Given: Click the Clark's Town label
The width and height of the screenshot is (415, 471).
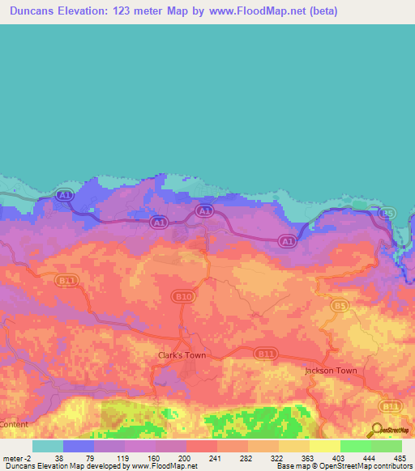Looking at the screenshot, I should tap(182, 354).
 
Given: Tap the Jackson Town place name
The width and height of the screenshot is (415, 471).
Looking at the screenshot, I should tap(330, 371).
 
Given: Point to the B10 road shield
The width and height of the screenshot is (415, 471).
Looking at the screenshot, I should tap(184, 297).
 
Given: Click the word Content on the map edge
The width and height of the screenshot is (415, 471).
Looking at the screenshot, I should tap(14, 424).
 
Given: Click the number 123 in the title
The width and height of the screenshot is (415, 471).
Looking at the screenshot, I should tap(151, 11).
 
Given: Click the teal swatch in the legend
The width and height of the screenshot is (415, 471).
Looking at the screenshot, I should tap(48, 446).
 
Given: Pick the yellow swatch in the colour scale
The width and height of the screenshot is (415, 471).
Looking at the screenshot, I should tap(325, 446).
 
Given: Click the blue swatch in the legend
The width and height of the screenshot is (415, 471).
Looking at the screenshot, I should tap(79, 446).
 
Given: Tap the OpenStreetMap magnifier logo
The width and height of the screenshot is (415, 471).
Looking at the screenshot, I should tap(376, 430).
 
